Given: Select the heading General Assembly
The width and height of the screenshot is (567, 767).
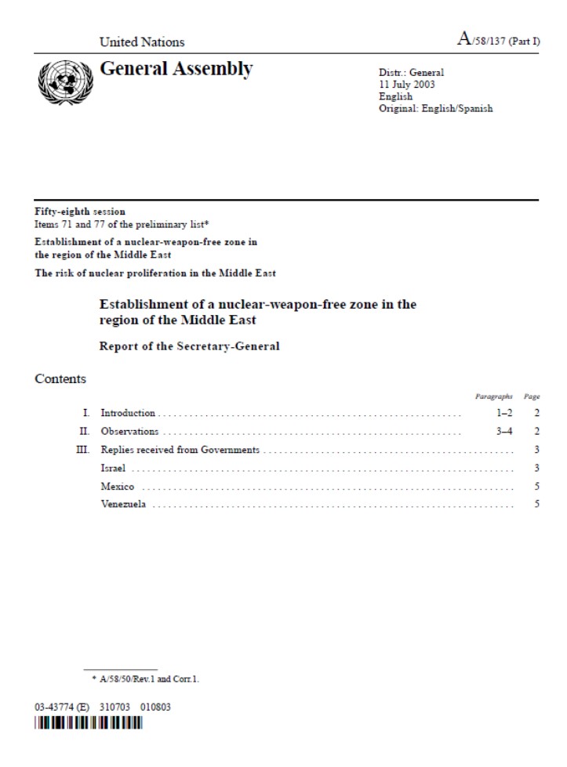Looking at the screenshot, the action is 176,70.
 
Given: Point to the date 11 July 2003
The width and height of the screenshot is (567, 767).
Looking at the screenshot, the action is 407,85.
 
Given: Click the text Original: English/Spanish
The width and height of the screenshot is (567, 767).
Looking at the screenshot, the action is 436,109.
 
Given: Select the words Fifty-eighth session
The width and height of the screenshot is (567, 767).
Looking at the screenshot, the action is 80,212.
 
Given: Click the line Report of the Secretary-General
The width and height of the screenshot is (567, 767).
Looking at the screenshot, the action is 189,346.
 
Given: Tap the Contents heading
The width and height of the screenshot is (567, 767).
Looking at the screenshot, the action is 60,379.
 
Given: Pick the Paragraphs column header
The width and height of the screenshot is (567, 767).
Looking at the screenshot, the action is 494,397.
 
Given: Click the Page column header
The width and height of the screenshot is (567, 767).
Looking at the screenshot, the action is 531,397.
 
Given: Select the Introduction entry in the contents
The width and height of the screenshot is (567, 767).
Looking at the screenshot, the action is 128,413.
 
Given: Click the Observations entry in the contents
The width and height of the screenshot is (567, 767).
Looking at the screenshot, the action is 129,432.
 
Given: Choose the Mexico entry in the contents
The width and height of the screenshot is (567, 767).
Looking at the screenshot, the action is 118,487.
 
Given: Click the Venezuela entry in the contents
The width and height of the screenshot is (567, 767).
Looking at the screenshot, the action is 123,505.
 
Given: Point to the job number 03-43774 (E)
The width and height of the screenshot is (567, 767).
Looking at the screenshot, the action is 62,707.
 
